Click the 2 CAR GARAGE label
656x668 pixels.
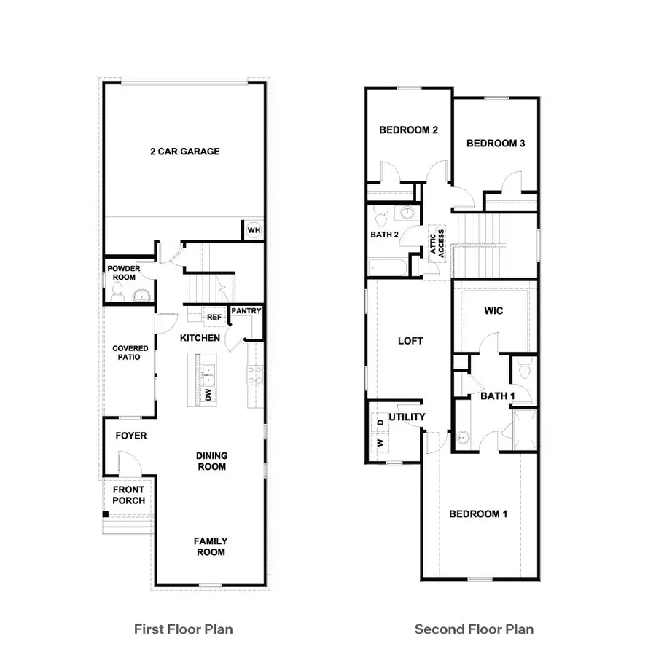point(184,152)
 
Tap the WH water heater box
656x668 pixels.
point(254,230)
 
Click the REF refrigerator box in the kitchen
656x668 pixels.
point(214,317)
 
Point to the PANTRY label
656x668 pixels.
point(246,311)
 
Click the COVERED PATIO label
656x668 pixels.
point(130,353)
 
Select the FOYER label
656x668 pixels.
point(131,436)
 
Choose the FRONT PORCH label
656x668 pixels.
point(128,495)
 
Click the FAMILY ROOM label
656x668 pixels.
point(210,546)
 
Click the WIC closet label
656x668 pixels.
point(493,311)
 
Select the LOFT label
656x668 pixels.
point(410,340)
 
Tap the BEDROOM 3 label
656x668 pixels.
point(496,144)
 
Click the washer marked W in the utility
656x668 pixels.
point(379,442)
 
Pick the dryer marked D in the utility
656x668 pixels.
point(379,422)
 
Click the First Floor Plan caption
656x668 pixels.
point(184,629)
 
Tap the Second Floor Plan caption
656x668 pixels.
point(474,629)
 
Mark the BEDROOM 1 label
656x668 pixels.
point(478,514)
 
